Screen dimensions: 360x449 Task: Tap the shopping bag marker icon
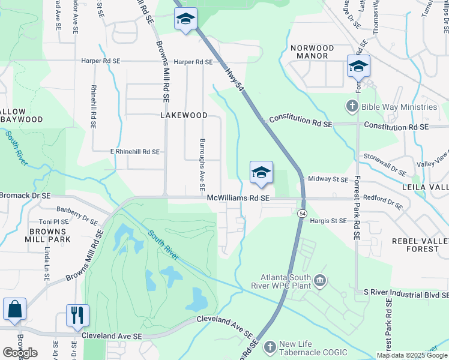click(14, 310)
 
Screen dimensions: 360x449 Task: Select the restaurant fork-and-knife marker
click(77, 314)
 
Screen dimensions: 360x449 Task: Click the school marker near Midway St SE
click(261, 173)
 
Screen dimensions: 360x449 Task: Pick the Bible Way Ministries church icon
click(352, 107)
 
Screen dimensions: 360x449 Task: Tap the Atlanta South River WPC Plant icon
click(320, 280)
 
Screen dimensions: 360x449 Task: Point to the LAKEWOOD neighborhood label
click(184, 115)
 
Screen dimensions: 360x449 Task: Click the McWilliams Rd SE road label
click(238, 198)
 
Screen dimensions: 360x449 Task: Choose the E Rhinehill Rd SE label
click(134, 152)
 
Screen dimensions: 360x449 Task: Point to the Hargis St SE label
click(328, 221)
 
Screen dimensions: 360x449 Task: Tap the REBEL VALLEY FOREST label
click(420, 245)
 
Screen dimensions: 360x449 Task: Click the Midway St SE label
click(328, 179)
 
